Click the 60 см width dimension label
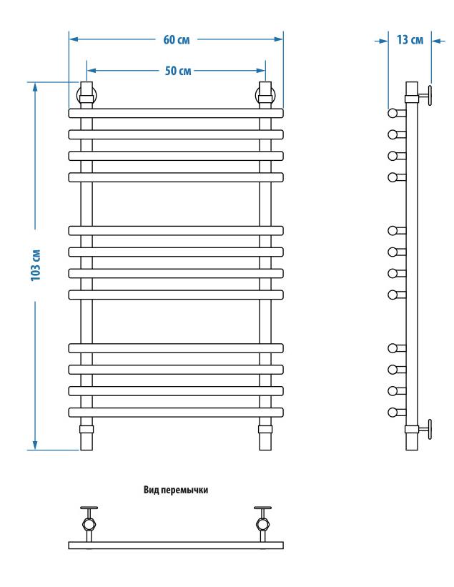[x=177, y=39]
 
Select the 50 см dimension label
[x=175, y=71]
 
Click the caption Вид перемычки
[x=176, y=490]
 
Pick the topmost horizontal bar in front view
[x=176, y=113]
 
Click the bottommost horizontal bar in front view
[x=176, y=412]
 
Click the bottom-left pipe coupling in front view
[x=87, y=430]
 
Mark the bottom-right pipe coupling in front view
[x=265, y=430]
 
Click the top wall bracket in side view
[x=423, y=94]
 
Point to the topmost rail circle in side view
[x=392, y=113]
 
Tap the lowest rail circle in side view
[x=392, y=412]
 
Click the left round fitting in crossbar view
[x=89, y=523]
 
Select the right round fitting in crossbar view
[x=262, y=523]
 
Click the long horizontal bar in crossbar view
[x=176, y=545]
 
